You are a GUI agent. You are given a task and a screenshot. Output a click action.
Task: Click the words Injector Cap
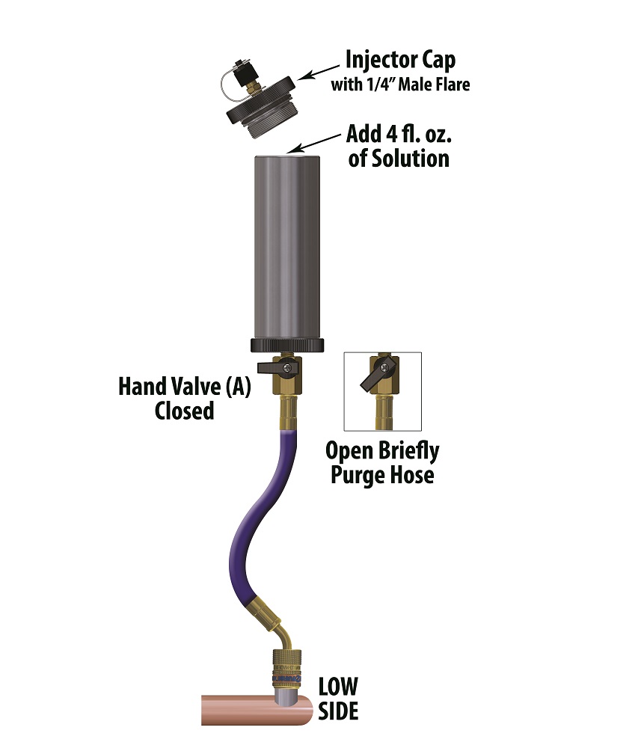(x=400, y=61)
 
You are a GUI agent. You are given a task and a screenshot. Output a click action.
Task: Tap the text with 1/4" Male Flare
(x=401, y=85)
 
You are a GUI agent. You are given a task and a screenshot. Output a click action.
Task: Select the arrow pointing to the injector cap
(x=319, y=73)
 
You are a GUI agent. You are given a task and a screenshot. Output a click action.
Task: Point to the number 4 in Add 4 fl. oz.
(x=391, y=134)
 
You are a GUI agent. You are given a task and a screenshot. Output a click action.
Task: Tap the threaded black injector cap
(x=261, y=108)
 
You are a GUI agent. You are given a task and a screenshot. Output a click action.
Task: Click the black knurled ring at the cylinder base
(x=287, y=346)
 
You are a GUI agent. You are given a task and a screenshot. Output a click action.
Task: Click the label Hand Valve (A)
(x=185, y=387)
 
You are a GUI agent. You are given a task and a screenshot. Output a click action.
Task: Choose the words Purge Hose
(x=382, y=475)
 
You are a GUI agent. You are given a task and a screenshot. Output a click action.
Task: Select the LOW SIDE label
(x=338, y=699)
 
